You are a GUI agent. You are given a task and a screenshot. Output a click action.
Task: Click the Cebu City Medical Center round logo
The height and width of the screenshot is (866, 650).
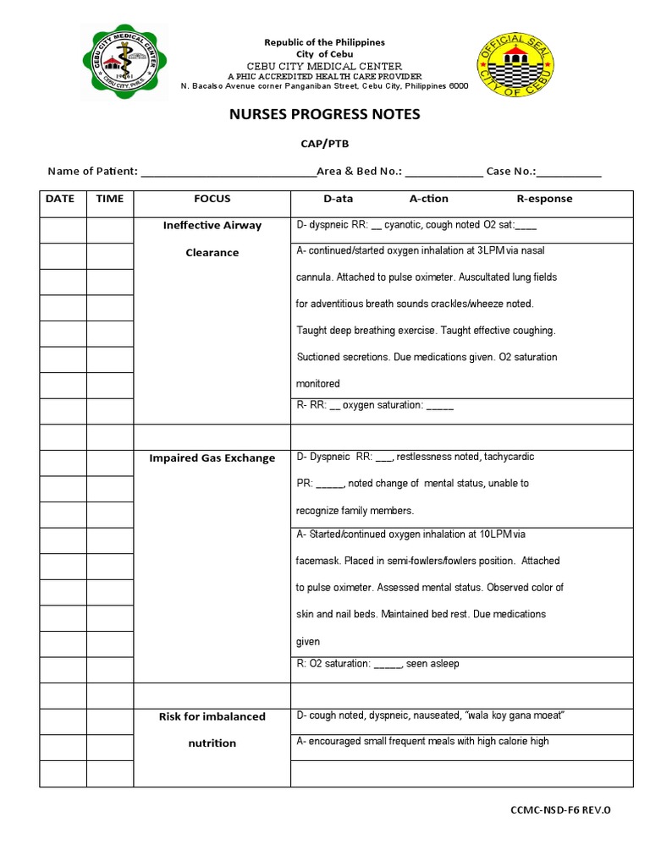[x=124, y=61]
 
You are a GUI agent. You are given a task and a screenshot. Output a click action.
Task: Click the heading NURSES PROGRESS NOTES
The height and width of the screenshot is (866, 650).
[x=325, y=114]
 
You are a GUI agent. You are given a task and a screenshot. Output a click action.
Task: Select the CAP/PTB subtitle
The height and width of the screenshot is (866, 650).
[x=325, y=144]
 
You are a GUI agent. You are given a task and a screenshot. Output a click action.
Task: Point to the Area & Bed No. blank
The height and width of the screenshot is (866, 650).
[x=443, y=172]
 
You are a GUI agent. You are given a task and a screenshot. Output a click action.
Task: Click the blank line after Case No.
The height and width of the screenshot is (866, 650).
[x=570, y=172]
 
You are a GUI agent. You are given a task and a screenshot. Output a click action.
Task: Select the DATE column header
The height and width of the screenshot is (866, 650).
[x=59, y=200]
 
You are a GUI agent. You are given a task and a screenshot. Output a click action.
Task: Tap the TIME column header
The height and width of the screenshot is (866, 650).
[x=110, y=200]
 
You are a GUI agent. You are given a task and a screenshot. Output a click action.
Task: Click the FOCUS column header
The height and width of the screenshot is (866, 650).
[x=212, y=200]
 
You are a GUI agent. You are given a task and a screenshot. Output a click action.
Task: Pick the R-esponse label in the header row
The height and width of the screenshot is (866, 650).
[x=544, y=200]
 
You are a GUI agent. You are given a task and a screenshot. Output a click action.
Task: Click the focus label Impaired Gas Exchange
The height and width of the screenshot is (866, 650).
[x=212, y=458]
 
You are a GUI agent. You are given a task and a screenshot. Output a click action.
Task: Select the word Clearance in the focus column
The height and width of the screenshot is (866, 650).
[x=212, y=253]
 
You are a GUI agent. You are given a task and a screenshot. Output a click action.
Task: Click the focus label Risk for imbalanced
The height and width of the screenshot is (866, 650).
[x=212, y=717]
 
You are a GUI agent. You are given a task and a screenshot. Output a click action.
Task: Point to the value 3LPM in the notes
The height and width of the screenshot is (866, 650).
[x=491, y=251]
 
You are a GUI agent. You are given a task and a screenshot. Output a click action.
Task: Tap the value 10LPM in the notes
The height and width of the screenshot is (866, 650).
[x=485, y=534]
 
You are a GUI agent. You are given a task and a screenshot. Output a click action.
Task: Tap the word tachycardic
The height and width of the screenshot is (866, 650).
[x=509, y=457]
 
